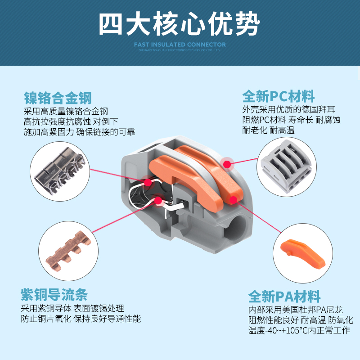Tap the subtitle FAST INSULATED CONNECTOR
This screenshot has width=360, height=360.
pos(180,45)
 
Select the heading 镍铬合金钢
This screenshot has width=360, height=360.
pos(57,98)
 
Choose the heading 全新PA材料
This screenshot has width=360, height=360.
pos(284,297)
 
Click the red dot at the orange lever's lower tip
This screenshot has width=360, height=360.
pos(233,200)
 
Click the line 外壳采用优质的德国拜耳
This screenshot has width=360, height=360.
pos(288,109)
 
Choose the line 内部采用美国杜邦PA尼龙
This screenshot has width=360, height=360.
pos(296,310)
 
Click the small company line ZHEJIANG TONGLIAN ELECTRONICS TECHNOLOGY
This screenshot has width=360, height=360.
pos(180,50)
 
